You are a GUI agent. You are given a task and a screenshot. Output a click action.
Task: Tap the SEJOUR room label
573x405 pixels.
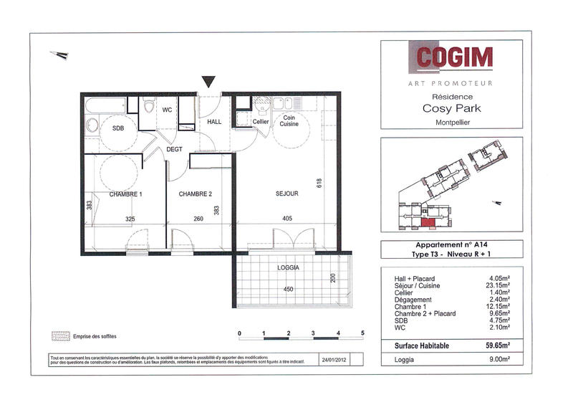286,194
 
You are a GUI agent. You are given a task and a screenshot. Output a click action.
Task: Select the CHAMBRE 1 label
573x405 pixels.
125,194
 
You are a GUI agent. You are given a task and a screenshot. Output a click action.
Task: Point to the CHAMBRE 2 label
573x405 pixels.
195,194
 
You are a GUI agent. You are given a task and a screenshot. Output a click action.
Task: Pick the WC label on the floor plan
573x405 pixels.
167,110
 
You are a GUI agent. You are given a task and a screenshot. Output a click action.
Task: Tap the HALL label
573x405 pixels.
215,122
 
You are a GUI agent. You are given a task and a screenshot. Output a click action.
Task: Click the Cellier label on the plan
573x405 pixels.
261,122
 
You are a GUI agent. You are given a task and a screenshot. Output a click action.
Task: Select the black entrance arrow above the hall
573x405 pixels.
209,82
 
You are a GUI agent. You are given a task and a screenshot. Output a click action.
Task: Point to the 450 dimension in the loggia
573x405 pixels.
288,290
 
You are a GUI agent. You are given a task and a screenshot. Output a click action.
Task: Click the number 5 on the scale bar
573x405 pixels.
362,333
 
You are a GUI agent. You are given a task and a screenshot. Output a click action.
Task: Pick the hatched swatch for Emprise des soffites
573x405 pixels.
59,335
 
